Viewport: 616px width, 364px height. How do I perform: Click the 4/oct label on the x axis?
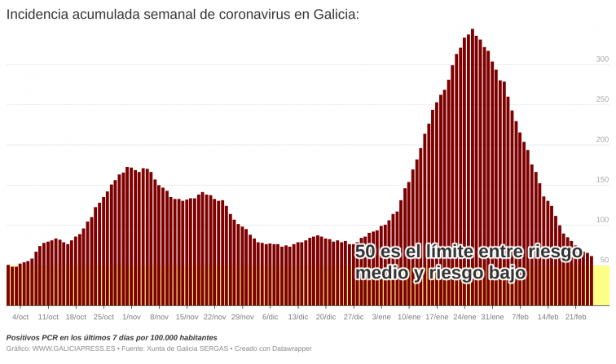click(20, 317)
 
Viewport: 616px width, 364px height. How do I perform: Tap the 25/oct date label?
click(103, 317)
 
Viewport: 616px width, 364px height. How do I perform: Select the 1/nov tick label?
click(131, 317)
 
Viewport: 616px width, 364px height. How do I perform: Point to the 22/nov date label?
click(214, 317)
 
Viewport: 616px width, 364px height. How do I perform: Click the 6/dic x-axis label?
click(270, 317)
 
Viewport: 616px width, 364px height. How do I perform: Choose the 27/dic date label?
click(353, 317)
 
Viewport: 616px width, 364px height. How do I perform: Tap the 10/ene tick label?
click(409, 317)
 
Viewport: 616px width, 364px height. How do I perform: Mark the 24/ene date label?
click(464, 317)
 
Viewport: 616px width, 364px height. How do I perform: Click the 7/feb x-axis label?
click(520, 317)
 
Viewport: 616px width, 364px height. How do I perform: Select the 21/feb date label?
click(575, 317)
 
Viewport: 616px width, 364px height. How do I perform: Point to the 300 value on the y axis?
click(601, 59)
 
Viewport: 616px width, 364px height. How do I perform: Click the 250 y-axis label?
click(601, 99)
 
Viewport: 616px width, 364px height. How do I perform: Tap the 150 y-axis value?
click(601, 180)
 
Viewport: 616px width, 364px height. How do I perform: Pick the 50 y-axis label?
click(604, 260)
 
